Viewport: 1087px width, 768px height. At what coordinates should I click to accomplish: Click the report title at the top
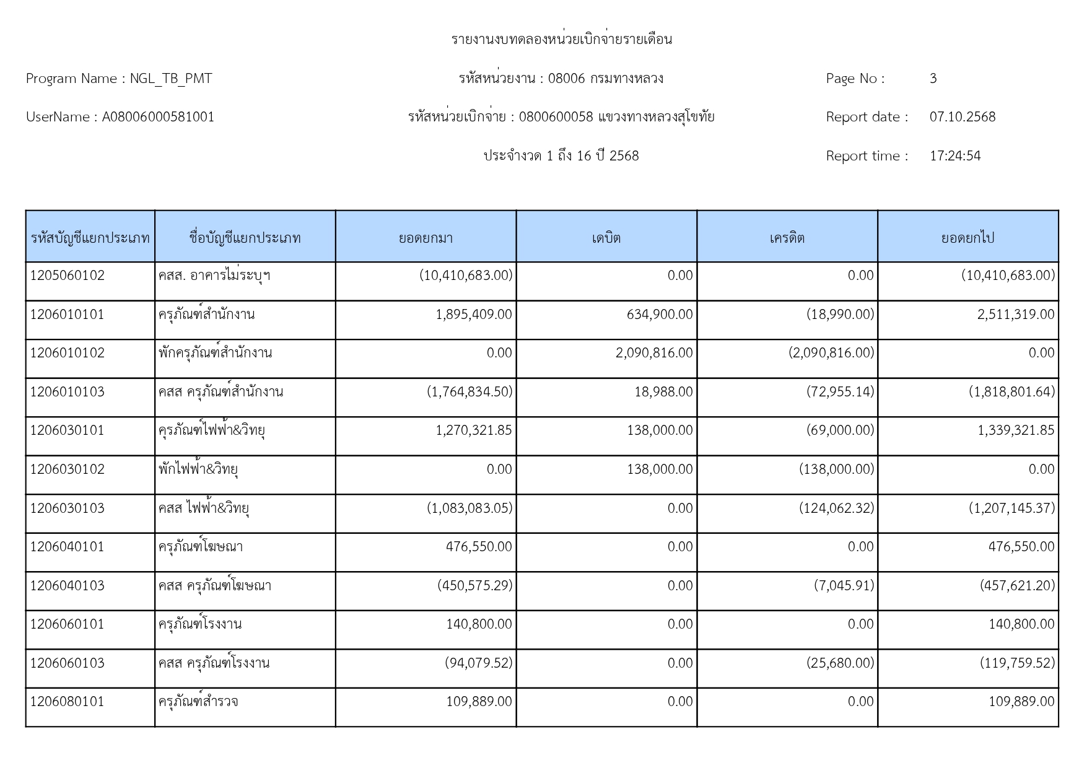click(x=561, y=40)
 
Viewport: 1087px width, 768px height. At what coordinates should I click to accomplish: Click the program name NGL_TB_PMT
click(x=170, y=79)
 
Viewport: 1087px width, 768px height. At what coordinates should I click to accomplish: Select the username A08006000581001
click(x=158, y=117)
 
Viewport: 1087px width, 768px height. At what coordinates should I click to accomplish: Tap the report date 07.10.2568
click(x=962, y=117)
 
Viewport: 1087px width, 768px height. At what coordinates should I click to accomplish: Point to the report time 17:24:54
click(x=954, y=156)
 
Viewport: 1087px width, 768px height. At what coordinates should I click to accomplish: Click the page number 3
click(x=933, y=79)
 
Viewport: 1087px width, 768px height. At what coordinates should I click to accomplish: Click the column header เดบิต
click(x=606, y=238)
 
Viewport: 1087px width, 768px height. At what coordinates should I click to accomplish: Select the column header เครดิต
click(x=787, y=238)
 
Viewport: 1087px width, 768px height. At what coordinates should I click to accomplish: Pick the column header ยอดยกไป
click(x=967, y=238)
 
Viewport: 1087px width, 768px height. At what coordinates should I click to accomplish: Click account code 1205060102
click(x=68, y=276)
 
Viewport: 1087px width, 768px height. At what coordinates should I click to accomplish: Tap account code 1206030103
click(x=68, y=508)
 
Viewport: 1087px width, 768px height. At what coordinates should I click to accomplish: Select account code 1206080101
click(x=68, y=702)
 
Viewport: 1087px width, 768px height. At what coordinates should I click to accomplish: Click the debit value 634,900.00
click(x=660, y=315)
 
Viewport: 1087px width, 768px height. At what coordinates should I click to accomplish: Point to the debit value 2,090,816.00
click(x=654, y=353)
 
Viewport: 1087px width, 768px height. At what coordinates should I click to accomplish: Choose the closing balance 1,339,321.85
click(x=1016, y=430)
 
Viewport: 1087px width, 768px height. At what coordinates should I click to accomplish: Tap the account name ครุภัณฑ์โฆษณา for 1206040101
click(x=200, y=547)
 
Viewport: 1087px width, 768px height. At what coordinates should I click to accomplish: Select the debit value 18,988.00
click(x=663, y=392)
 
